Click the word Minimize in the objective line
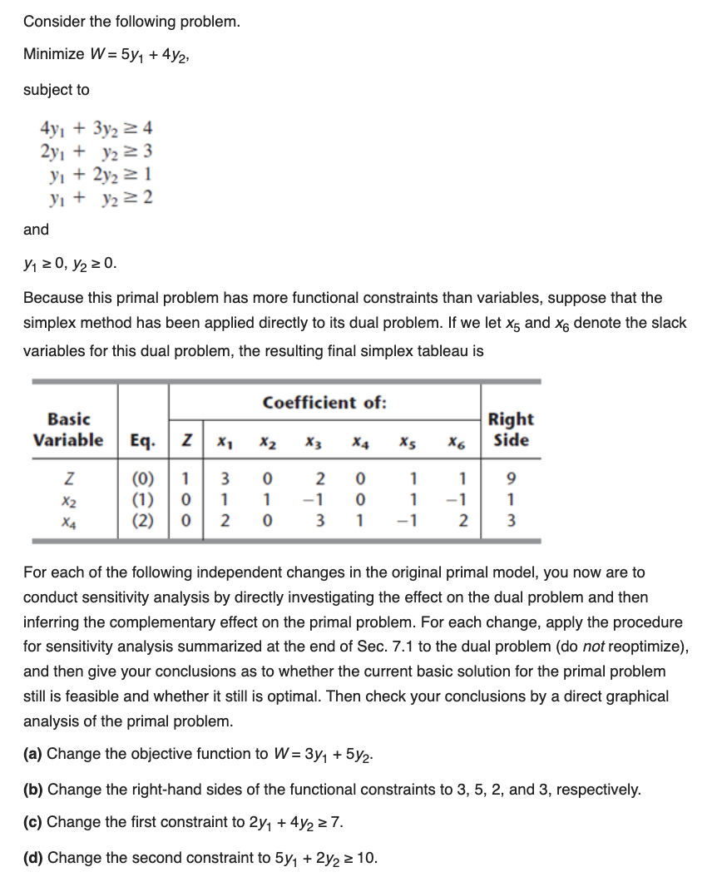53,54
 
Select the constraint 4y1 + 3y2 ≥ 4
96,129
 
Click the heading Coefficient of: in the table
324,403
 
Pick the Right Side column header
511,429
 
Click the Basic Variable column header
69,429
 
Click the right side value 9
511,480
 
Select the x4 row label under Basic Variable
69,520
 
